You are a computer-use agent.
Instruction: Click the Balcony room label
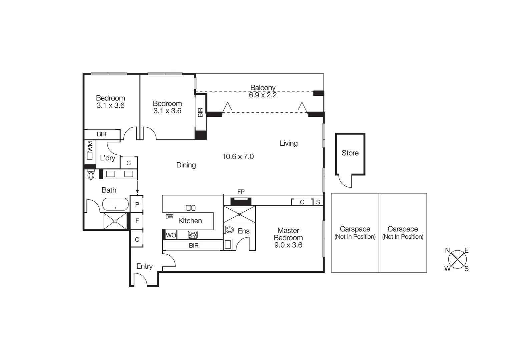coord(263,88)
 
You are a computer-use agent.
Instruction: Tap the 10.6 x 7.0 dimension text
coord(238,156)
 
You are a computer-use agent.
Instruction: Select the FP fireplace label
coord(241,192)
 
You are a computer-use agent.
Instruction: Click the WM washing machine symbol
coord(90,151)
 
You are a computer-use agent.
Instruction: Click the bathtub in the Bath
coord(115,204)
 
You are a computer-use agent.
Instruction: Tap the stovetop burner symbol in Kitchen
coord(193,235)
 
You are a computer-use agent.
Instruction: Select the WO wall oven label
coord(171,235)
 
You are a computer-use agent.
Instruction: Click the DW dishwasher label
coord(169,217)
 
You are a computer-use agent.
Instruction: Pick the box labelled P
coord(137,204)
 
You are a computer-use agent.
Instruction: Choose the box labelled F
coord(137,221)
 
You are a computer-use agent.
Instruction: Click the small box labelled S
coord(318,202)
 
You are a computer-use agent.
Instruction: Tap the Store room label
coord(350,153)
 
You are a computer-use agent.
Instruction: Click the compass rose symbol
coord(457,259)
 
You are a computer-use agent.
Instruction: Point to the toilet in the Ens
coord(229,230)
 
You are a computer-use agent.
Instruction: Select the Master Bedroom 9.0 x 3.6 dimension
coord(288,245)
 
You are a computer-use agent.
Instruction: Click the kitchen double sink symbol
coord(190,208)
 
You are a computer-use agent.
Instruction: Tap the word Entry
coord(144,266)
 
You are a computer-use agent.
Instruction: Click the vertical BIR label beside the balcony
coord(200,112)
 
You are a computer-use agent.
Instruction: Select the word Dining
coord(186,165)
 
